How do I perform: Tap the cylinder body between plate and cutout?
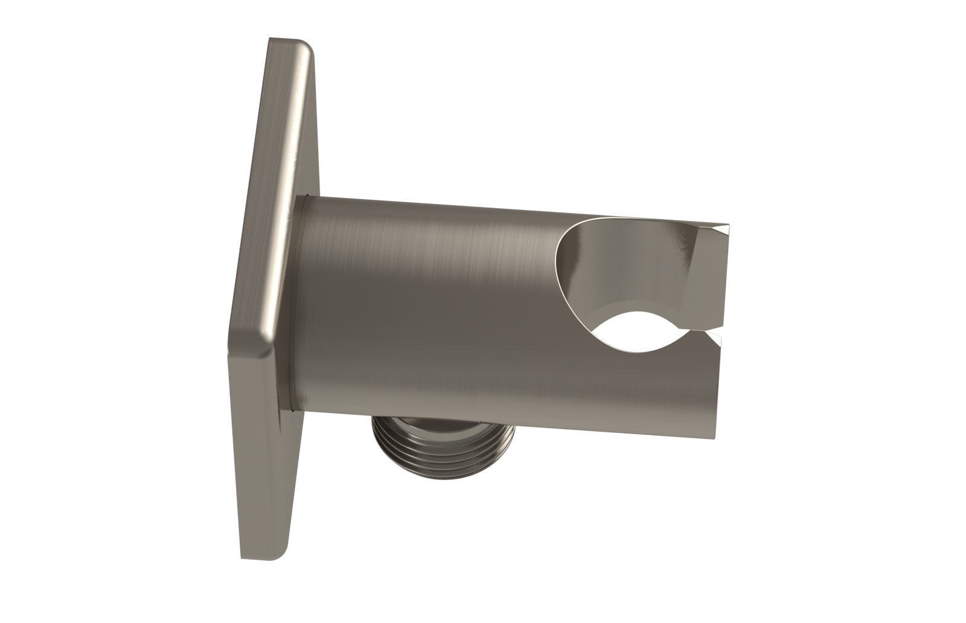coord(435,302)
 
